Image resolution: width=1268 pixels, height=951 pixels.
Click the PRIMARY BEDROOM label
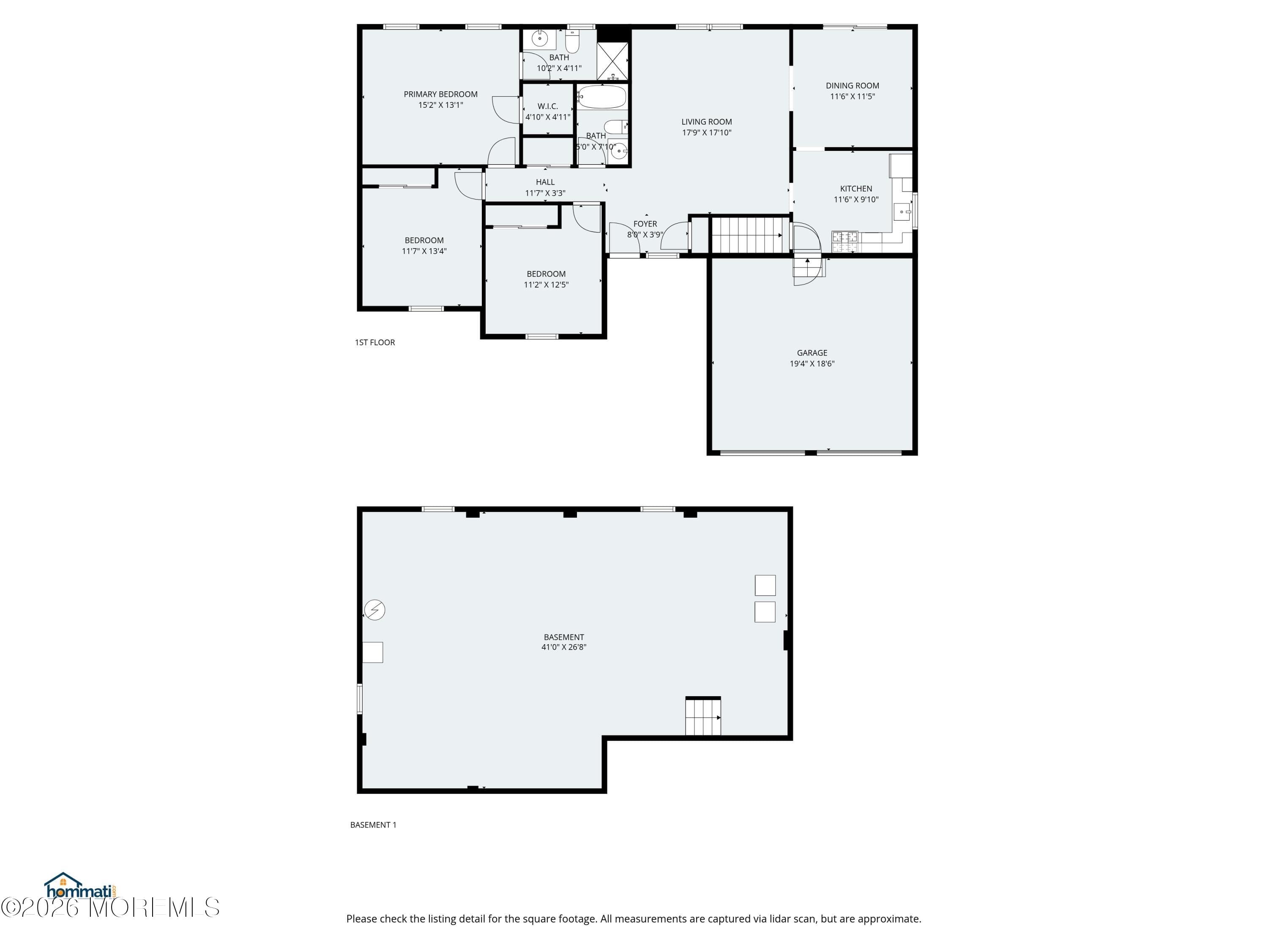click(x=440, y=94)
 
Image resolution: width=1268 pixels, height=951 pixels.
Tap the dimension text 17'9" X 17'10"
click(x=706, y=132)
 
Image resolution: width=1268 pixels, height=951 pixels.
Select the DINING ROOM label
click(x=852, y=85)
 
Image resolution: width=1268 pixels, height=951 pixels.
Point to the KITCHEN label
click(x=855, y=189)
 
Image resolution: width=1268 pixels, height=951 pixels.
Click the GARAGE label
click(x=812, y=353)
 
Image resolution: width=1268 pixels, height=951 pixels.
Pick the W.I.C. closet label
click(x=547, y=106)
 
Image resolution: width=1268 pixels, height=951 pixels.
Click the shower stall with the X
click(x=612, y=61)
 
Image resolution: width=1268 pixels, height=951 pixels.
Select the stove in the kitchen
click(x=844, y=241)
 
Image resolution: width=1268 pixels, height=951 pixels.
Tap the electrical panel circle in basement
click(x=374, y=609)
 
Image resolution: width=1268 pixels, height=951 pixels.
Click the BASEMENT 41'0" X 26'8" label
click(x=563, y=642)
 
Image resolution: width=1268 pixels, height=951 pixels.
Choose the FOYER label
click(x=645, y=224)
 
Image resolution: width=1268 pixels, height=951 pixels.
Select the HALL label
click(x=544, y=182)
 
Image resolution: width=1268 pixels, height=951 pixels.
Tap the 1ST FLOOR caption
click(x=374, y=342)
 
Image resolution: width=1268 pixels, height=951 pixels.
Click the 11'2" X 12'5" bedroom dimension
click(x=546, y=285)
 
